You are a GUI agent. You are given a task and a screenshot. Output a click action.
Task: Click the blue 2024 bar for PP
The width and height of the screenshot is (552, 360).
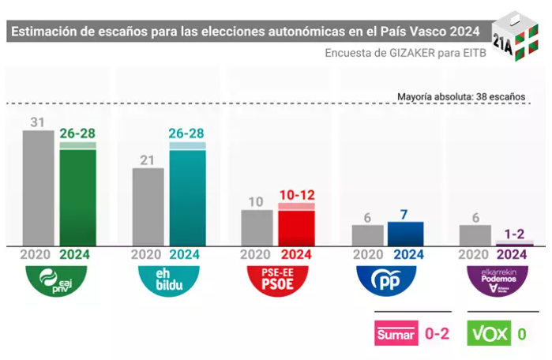[405, 234]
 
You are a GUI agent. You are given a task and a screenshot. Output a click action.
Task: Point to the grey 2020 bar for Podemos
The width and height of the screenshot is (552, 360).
[475, 235]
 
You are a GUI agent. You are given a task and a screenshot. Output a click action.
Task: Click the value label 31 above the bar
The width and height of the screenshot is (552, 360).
[38, 122]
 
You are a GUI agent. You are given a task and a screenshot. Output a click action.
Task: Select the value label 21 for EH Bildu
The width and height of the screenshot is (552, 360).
[148, 159]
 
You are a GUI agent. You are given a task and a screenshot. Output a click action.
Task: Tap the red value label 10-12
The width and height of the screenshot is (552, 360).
[296, 194]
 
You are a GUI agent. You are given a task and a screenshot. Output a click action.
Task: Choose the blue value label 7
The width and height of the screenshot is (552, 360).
[405, 214]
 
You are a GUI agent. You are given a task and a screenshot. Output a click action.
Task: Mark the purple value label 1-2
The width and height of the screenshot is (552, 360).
[514, 233]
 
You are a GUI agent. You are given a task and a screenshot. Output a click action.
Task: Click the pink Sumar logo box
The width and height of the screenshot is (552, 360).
[396, 334]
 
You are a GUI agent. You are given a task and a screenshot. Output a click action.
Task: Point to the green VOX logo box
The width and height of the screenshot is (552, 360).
[489, 334]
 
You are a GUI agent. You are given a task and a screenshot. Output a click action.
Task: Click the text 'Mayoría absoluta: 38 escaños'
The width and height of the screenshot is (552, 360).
[461, 96]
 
